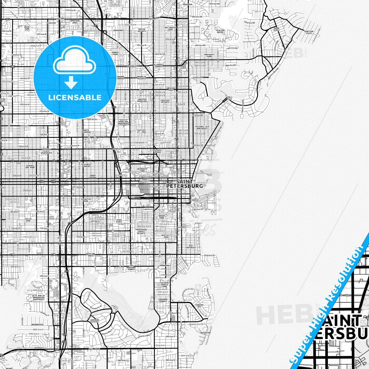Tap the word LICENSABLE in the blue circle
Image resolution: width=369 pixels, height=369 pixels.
tap(75, 97)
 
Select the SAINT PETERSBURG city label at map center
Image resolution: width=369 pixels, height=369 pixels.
tap(184, 184)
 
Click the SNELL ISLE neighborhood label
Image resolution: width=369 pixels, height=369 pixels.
tap(230, 98)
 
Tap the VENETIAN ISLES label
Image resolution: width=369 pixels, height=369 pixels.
tap(309, 32)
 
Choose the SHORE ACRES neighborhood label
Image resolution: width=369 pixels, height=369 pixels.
tap(276, 29)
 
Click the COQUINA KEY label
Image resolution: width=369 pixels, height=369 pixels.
tap(199, 306)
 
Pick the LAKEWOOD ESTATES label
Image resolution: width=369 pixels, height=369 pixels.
tap(94, 321)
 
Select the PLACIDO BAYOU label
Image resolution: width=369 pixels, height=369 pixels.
tap(220, 31)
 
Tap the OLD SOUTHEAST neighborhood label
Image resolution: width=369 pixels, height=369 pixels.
tap(191, 246)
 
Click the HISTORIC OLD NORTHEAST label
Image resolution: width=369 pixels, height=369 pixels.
tap(202, 127)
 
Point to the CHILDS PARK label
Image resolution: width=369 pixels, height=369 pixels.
tap(28, 220)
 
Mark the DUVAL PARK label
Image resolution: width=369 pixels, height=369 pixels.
tap(27, 28)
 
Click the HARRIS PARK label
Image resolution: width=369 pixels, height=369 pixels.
tap(115, 53)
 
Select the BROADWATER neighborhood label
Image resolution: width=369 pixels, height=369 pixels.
tap(37, 325)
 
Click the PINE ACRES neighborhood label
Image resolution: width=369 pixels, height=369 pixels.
tap(119, 221)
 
